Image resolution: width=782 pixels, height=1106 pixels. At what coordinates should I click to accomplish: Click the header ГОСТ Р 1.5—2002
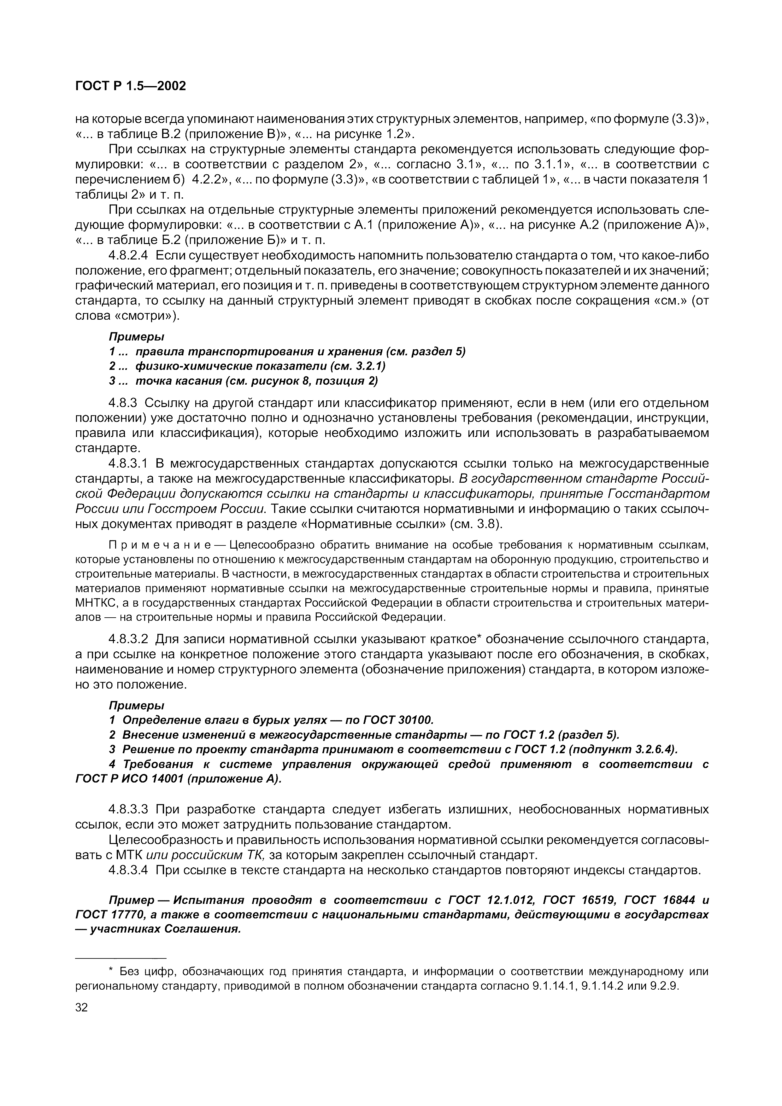(x=131, y=86)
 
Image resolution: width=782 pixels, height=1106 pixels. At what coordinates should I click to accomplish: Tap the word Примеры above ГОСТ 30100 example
(x=136, y=705)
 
